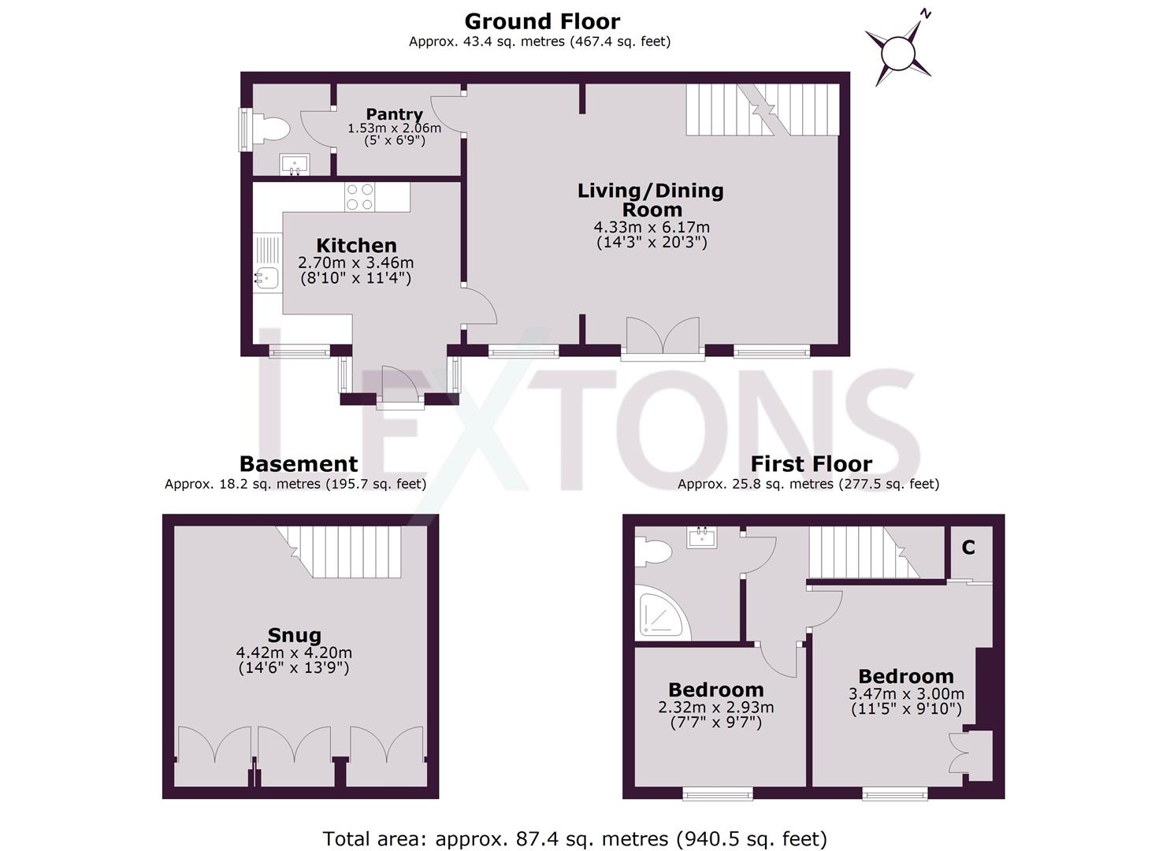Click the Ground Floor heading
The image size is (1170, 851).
541,21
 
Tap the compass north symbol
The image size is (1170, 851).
898,53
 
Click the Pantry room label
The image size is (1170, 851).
394,115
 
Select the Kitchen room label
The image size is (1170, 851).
356,246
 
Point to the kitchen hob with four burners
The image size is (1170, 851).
360,197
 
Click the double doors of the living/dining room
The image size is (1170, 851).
663,336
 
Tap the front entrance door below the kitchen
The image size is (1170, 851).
401,385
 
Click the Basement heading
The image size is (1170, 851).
298,464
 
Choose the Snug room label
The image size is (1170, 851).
294,635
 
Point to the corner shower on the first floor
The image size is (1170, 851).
660,616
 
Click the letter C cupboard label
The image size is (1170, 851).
968,548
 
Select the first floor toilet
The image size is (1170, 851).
654,550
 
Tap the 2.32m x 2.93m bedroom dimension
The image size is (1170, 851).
715,708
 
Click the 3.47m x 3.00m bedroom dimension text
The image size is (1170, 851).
906,694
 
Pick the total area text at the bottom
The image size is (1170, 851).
574,838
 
